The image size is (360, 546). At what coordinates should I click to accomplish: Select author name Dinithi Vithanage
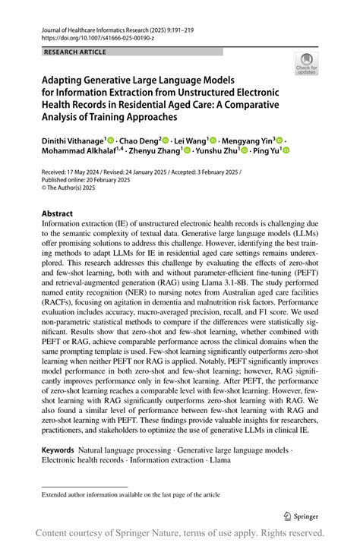tap(74, 140)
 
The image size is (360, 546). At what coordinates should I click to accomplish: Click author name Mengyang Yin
tap(248, 140)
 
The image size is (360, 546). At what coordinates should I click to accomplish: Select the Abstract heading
tap(58, 214)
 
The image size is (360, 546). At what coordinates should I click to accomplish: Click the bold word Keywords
tap(58, 450)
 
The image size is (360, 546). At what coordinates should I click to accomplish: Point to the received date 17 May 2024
tap(83, 172)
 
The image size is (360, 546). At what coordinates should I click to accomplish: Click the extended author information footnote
tap(131, 494)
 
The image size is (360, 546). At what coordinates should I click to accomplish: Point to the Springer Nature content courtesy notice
tap(180, 532)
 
